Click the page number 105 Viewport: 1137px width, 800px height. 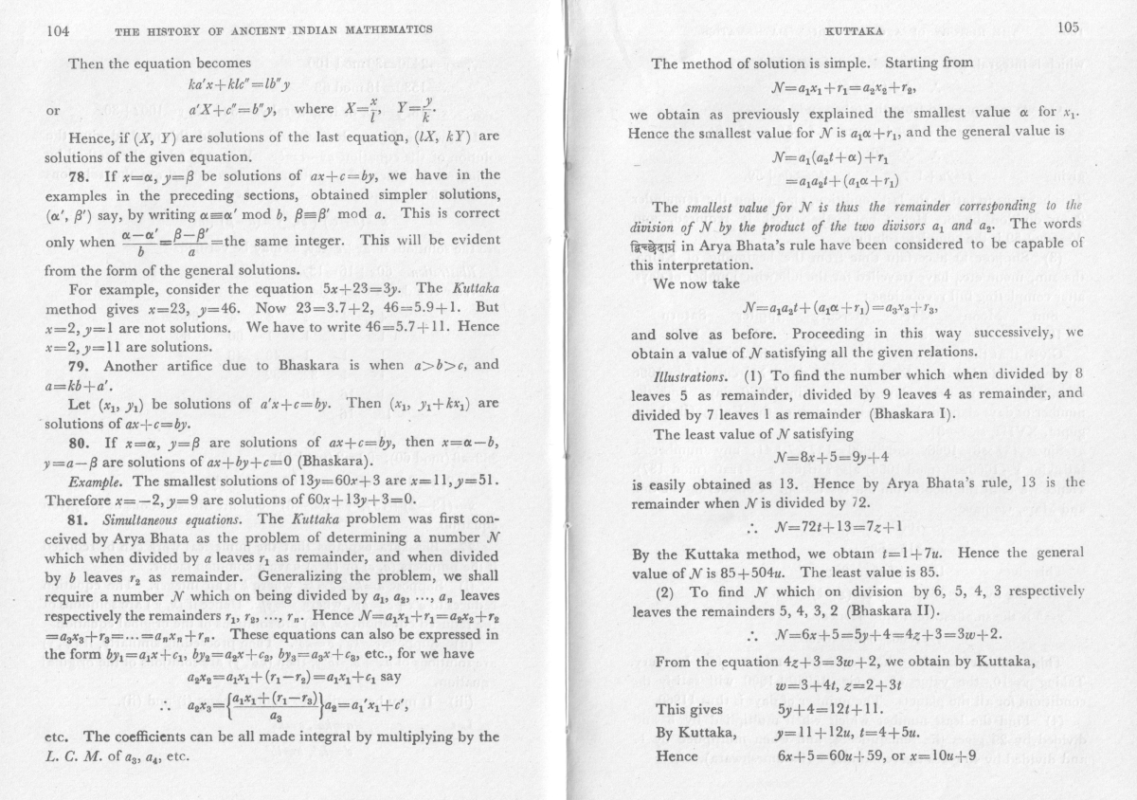[x=1069, y=27]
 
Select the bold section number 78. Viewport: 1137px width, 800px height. [x=81, y=175]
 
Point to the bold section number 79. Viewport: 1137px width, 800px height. [x=81, y=365]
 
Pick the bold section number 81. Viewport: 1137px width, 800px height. [x=81, y=518]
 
